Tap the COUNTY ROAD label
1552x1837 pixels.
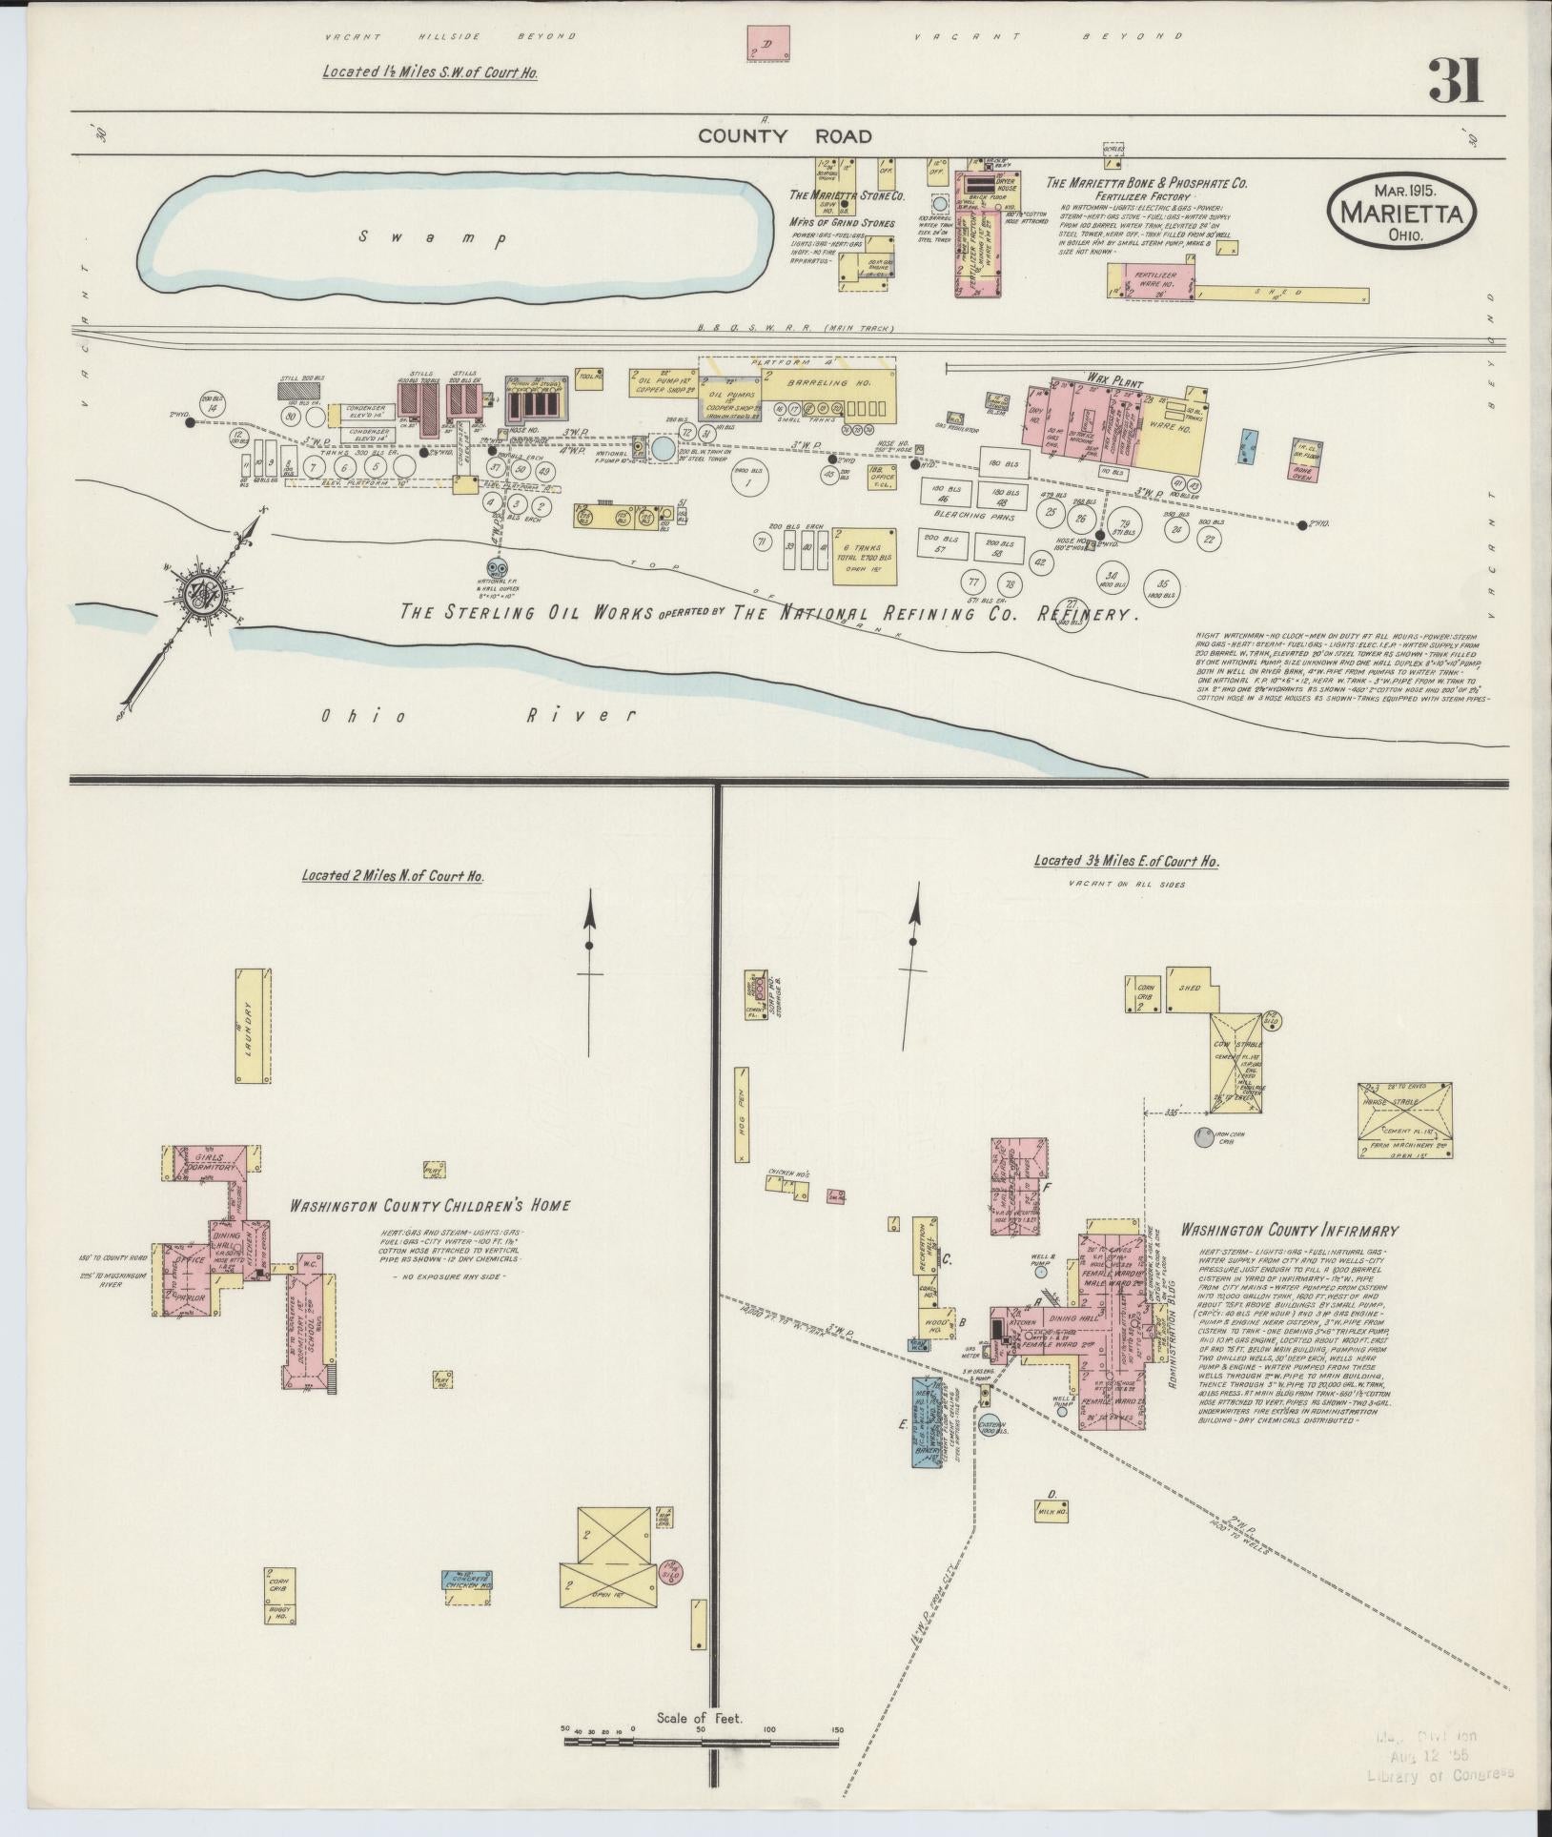[x=785, y=136]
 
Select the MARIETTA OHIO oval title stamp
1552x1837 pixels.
[x=1400, y=214]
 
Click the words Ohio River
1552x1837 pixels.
[x=478, y=715]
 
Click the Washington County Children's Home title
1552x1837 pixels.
[x=430, y=1206]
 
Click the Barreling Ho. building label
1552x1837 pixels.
[x=803, y=383]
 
